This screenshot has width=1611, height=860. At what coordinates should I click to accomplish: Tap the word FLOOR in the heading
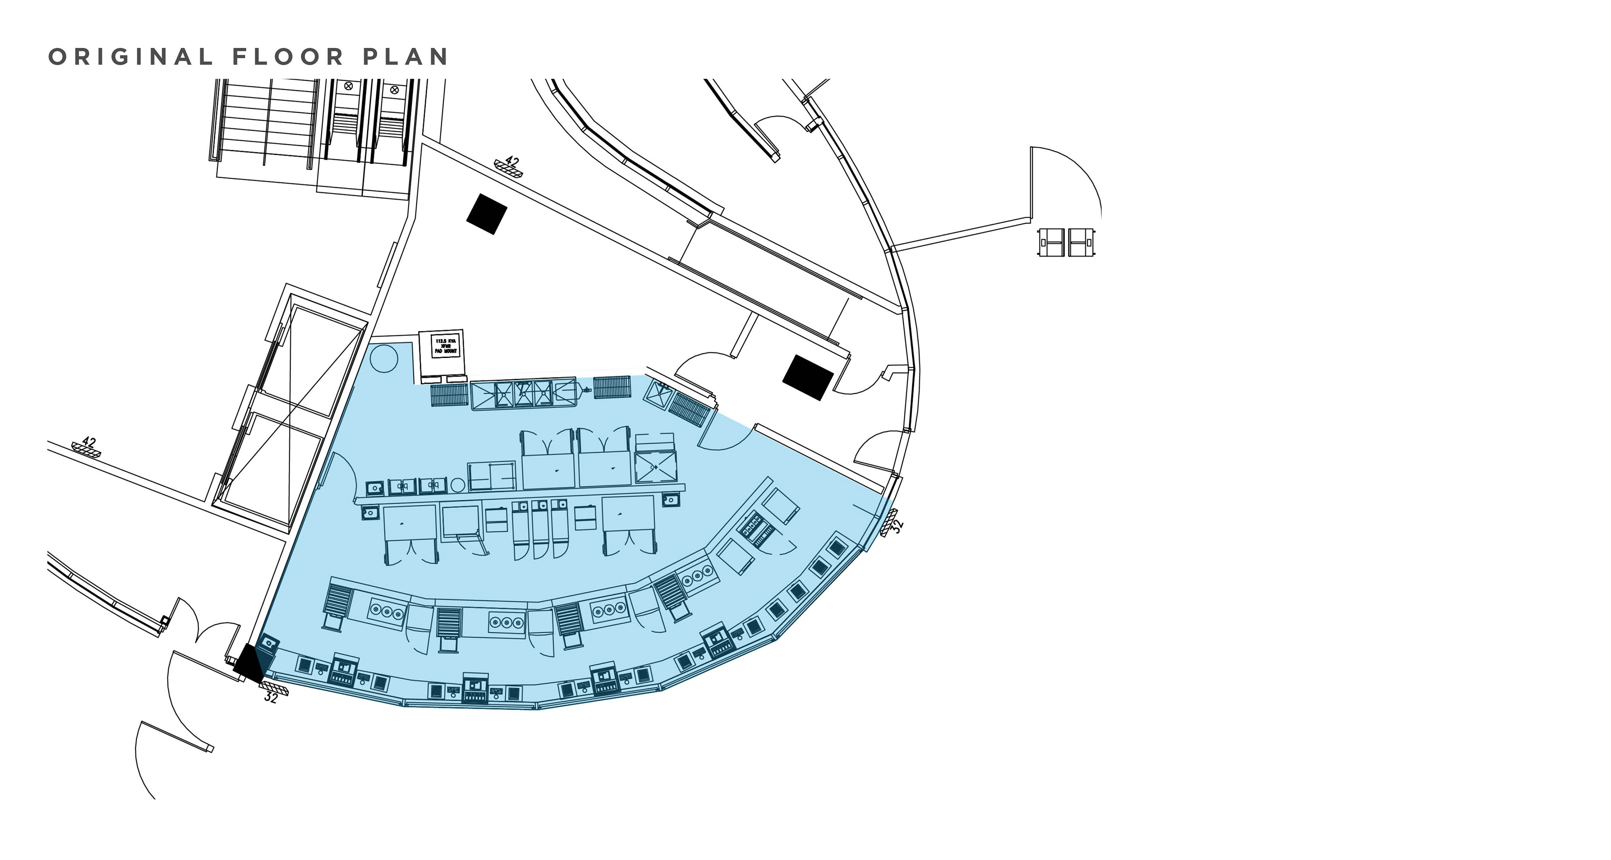[288, 57]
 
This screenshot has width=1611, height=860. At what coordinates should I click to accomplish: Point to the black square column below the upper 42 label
[486, 214]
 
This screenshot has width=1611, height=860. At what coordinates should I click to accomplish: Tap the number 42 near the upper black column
[512, 162]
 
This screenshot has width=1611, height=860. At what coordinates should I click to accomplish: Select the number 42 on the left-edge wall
[89, 442]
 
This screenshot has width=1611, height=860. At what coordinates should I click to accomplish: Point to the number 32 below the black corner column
[271, 697]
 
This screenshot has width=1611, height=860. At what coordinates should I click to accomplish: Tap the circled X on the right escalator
[394, 90]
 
